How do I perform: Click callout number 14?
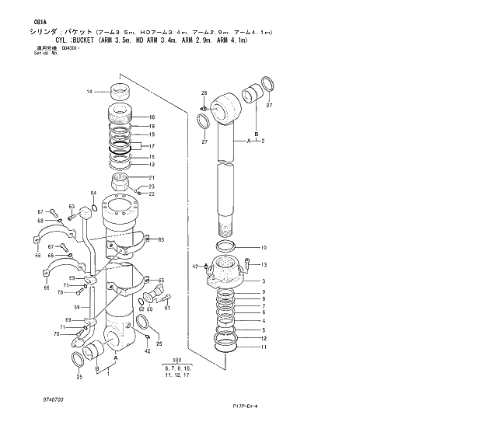point(89,92)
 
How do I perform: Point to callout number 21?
point(152,177)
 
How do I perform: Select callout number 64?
point(93,193)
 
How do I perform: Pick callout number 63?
point(71,207)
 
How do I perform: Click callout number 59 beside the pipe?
point(77,307)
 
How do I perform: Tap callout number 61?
point(166,309)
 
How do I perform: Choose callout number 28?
point(204,93)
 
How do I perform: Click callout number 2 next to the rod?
point(264,141)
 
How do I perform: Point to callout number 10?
point(264,248)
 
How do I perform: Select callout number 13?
point(264,264)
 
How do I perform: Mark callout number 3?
point(264,281)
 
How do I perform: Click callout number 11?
point(264,347)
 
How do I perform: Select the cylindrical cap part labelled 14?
point(121,91)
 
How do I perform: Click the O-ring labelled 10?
point(226,247)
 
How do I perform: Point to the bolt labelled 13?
point(247,263)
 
